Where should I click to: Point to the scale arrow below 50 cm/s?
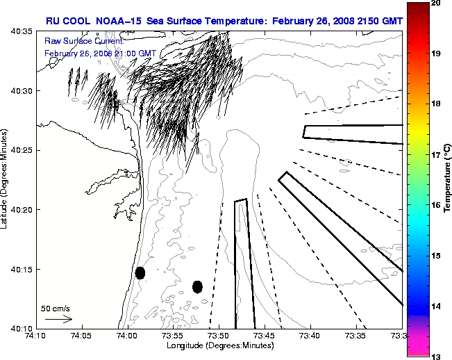58,319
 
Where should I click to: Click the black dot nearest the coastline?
140,272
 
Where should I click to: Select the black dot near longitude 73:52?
197,286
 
